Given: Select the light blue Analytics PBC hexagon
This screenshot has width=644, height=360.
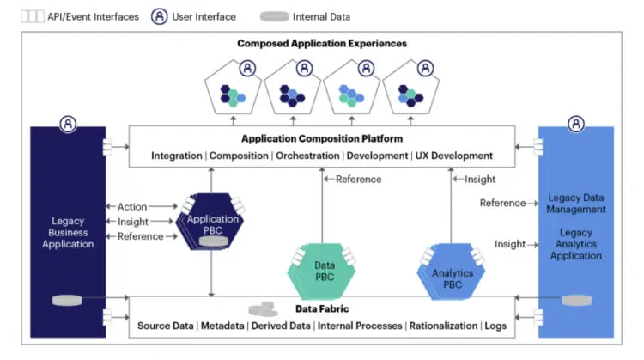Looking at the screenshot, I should pyautogui.click(x=447, y=274).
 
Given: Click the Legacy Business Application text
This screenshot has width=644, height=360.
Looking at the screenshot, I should pyautogui.click(x=68, y=233).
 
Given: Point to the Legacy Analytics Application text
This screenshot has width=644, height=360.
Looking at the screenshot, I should pyautogui.click(x=576, y=245).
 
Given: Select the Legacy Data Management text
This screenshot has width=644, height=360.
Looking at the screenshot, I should pyautogui.click(x=576, y=204).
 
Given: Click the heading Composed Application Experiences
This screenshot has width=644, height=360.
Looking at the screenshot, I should pyautogui.click(x=322, y=43).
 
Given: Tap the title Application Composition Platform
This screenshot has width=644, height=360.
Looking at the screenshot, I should pyautogui.click(x=322, y=137).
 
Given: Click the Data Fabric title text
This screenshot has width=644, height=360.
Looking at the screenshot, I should pyautogui.click(x=322, y=308).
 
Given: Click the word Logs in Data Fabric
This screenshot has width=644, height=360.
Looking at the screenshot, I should pyautogui.click(x=495, y=326).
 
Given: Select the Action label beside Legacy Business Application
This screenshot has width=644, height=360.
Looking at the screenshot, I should pyautogui.click(x=132, y=206).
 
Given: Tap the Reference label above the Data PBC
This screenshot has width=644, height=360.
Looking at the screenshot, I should pyautogui.click(x=358, y=179).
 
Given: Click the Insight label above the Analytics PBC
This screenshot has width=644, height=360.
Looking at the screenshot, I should pyautogui.click(x=480, y=179).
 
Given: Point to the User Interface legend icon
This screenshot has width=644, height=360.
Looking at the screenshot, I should pyautogui.click(x=160, y=15).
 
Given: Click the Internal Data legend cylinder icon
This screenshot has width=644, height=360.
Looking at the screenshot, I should pyautogui.click(x=275, y=15).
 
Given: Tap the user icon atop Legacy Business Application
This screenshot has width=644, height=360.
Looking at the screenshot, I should pyautogui.click(x=68, y=125).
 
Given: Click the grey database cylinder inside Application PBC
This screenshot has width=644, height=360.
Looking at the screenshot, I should pyautogui.click(x=213, y=241).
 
